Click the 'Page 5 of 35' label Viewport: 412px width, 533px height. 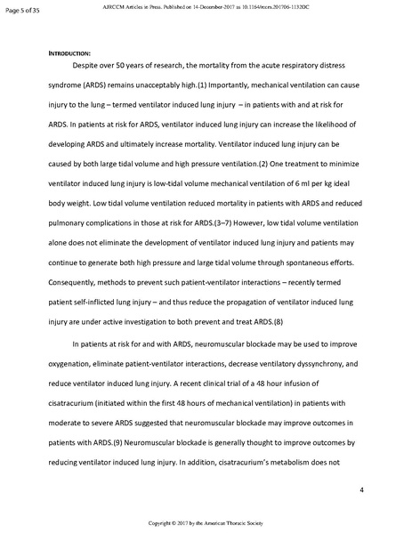pyautogui.click(x=20, y=11)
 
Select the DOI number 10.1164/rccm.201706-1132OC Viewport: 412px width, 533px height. pyautogui.click(x=318, y=5)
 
